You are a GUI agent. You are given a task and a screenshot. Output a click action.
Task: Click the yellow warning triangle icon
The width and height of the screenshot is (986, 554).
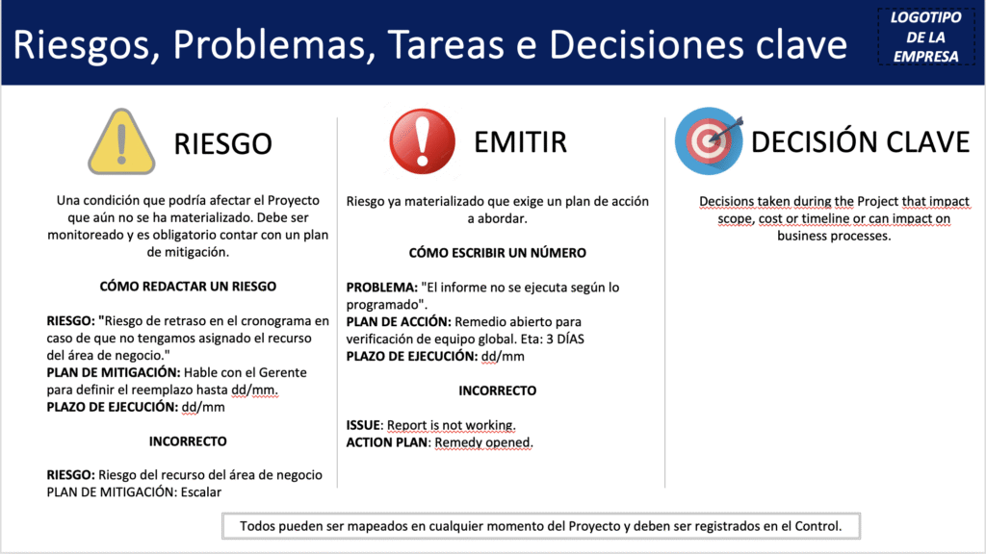point(121,142)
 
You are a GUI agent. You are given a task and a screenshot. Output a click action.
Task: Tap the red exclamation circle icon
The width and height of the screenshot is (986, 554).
point(422,141)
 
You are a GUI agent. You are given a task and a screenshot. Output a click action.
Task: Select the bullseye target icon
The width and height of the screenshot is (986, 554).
point(709,141)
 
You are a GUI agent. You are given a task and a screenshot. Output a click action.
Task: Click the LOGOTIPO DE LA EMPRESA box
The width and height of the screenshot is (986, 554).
point(926,37)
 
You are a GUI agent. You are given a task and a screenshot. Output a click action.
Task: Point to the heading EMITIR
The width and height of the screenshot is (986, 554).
point(521,142)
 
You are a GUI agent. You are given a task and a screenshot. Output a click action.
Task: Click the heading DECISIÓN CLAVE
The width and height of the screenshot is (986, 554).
point(860,142)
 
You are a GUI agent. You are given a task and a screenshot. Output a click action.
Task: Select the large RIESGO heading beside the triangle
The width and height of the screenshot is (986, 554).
point(222,144)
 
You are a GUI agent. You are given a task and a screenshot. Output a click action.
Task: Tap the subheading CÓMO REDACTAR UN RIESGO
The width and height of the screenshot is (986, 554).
point(188,287)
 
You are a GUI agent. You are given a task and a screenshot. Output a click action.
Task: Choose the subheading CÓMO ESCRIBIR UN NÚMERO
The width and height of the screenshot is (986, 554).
point(498,253)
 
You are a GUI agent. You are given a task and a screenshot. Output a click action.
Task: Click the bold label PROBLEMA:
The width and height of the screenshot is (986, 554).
point(381,287)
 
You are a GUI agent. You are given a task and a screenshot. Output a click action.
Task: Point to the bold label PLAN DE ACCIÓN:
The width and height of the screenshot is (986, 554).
point(399,321)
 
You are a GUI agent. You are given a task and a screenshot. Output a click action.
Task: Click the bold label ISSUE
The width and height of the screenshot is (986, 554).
point(363,425)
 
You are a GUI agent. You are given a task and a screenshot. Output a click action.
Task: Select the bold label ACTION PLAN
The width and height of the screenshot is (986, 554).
point(387,442)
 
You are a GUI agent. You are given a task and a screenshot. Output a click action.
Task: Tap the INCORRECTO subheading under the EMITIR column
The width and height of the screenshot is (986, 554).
point(498,390)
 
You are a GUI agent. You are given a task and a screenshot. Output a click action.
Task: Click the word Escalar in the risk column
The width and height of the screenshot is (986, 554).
point(201,491)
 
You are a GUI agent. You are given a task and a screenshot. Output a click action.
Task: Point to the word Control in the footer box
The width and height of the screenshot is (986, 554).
point(817,526)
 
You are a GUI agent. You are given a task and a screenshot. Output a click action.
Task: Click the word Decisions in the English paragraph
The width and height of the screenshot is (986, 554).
point(726,202)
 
